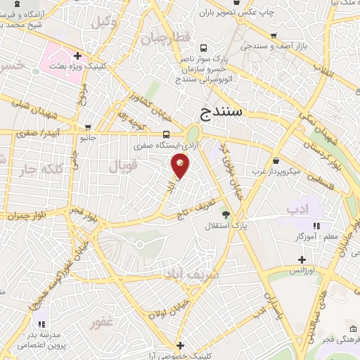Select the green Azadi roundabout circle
(193, 134)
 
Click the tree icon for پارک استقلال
(225, 214)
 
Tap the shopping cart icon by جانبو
(87, 128)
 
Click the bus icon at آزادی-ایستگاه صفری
(167, 134)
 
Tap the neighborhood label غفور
(101, 323)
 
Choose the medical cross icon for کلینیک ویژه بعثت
(78, 55)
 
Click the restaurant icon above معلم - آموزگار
(317, 226)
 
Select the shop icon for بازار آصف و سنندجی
(273, 34)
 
